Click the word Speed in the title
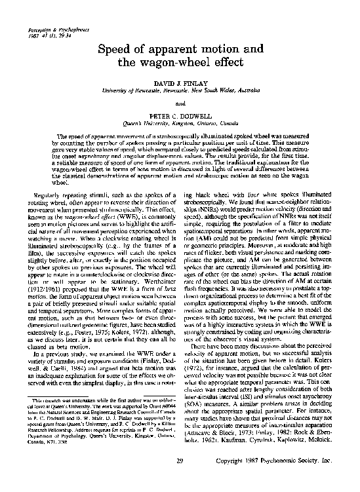(x=115, y=50)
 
